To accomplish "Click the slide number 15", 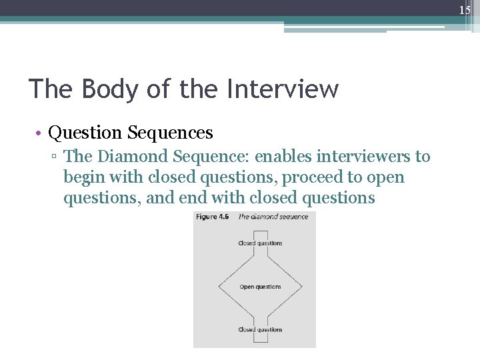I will tap(465, 9).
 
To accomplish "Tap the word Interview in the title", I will tap(283, 89).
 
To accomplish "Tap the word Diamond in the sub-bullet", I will tap(133, 157).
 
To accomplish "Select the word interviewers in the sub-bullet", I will tap(373, 157).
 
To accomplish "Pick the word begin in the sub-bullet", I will tap(83, 178).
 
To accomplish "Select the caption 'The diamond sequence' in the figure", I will tap(273, 217).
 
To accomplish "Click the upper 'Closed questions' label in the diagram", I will tap(260, 243).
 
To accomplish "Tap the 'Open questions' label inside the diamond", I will tap(260, 287).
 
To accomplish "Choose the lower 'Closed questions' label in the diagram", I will tap(260, 329).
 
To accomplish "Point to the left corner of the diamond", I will tap(219, 287).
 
